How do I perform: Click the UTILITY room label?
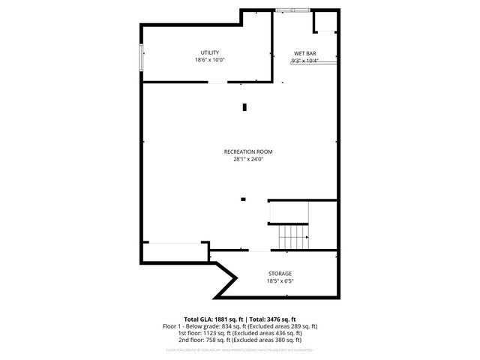click(209, 52)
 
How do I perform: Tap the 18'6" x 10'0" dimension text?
click(209, 60)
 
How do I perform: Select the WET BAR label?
click(304, 53)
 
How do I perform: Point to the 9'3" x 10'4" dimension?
click(304, 61)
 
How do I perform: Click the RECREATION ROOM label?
click(248, 151)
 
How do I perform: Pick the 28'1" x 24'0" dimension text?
click(248, 159)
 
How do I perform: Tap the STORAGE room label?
click(280, 274)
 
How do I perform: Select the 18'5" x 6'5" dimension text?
click(280, 281)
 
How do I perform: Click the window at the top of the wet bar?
click(292, 10)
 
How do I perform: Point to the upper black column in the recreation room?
click(244, 107)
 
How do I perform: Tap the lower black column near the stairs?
click(243, 199)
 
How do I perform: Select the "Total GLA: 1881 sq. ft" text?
click(212, 319)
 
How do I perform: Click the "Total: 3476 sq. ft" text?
click(272, 319)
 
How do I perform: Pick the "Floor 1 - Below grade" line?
click(240, 326)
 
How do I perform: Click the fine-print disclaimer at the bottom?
click(240, 349)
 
